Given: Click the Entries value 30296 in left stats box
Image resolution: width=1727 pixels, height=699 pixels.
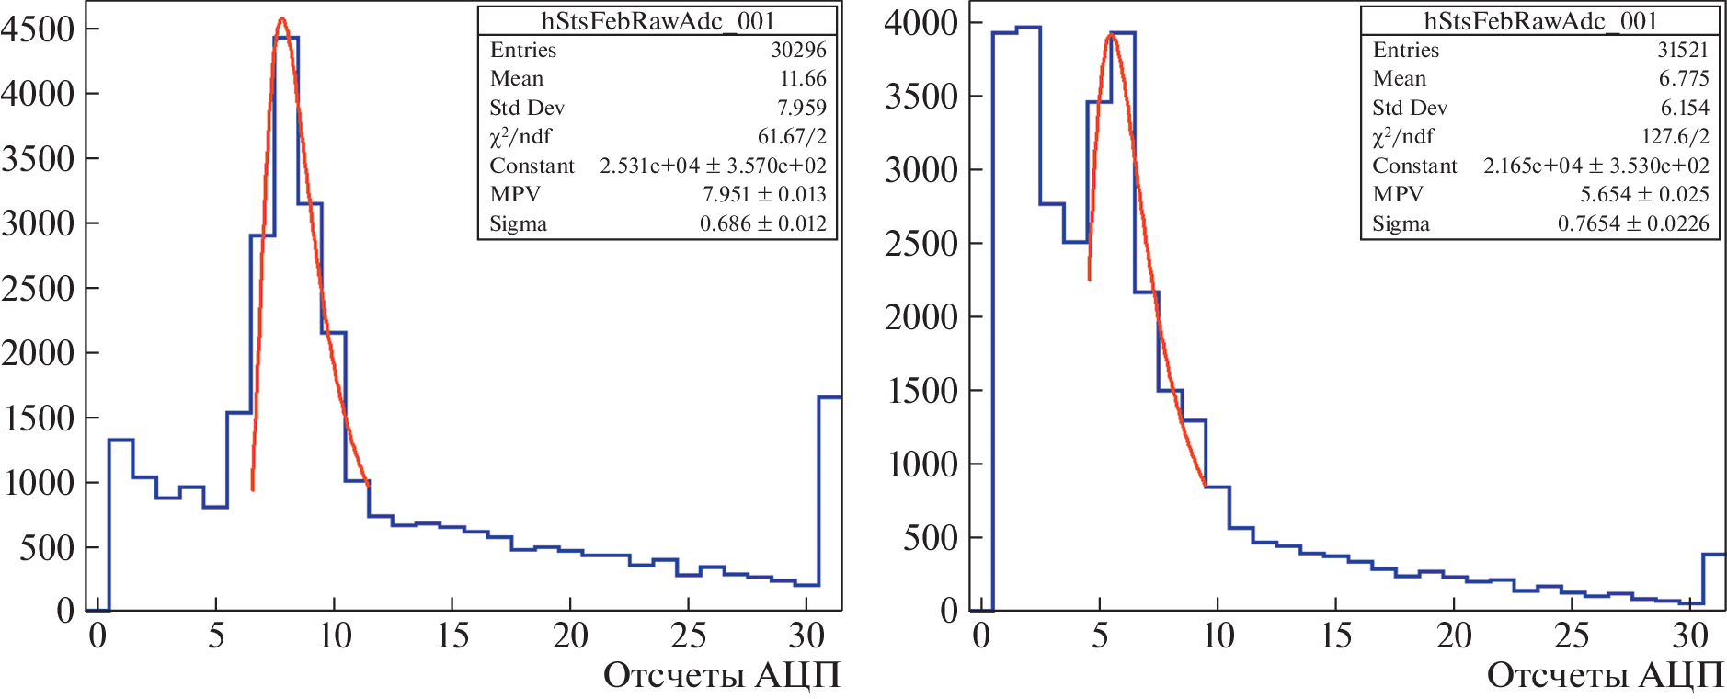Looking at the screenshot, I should click(x=798, y=50).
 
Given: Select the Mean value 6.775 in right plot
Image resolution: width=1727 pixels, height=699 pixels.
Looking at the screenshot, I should click(x=1683, y=78).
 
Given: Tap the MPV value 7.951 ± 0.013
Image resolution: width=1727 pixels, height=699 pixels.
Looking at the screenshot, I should click(x=764, y=194).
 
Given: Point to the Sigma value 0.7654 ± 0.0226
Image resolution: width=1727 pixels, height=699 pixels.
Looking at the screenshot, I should click(x=1633, y=223).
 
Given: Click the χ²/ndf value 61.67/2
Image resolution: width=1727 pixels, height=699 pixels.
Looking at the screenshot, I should click(x=792, y=136).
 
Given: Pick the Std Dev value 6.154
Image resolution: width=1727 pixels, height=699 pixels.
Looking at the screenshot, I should click(x=1684, y=108).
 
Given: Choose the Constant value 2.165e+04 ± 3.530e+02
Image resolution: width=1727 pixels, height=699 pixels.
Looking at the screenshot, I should click(x=1595, y=166).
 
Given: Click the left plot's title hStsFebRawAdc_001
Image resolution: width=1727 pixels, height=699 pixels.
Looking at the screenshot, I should click(x=658, y=20).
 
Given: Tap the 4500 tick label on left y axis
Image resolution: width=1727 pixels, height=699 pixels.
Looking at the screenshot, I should click(x=38, y=29).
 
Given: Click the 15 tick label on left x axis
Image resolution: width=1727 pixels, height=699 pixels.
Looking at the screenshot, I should click(x=452, y=636).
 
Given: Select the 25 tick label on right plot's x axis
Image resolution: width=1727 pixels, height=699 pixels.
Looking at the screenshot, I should click(x=1572, y=636).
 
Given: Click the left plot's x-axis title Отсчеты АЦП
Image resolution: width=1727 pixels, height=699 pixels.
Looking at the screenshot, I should click(x=722, y=675).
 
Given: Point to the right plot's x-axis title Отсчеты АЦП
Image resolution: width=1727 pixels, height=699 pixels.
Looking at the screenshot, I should click(x=1605, y=675).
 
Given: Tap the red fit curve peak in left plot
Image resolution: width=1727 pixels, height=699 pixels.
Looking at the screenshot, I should click(x=282, y=19).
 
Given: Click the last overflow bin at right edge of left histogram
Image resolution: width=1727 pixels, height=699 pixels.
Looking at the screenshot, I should click(x=829, y=497).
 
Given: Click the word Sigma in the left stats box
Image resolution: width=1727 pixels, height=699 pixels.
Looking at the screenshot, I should click(x=518, y=223).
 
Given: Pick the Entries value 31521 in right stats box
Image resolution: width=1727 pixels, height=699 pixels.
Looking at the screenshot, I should click(x=1682, y=50).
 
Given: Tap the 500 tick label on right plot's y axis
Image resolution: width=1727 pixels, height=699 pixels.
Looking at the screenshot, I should click(x=930, y=537).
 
